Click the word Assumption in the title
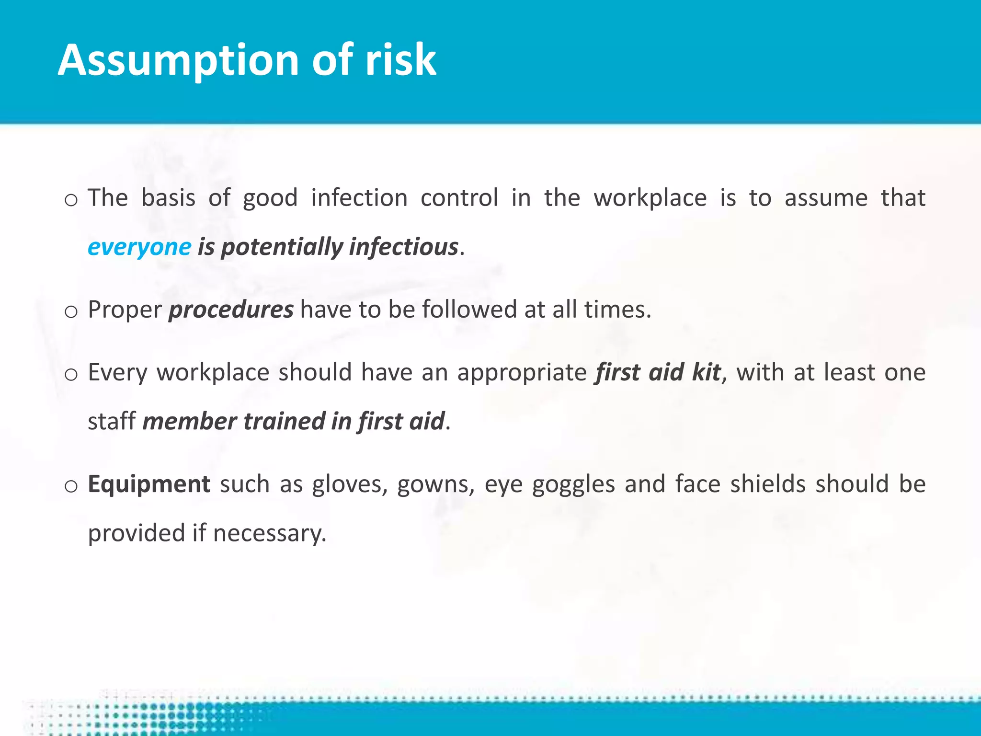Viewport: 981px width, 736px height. tap(178, 61)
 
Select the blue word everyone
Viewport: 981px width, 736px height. tap(139, 247)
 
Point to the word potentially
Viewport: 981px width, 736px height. tap(282, 247)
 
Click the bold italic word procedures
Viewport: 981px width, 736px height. tap(231, 310)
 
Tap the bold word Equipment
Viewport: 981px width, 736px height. tap(149, 484)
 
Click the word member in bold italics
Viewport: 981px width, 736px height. tap(189, 422)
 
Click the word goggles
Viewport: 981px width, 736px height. tap(573, 484)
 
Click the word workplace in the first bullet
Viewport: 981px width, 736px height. tap(650, 198)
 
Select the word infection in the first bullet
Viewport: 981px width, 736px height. tap(359, 198)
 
